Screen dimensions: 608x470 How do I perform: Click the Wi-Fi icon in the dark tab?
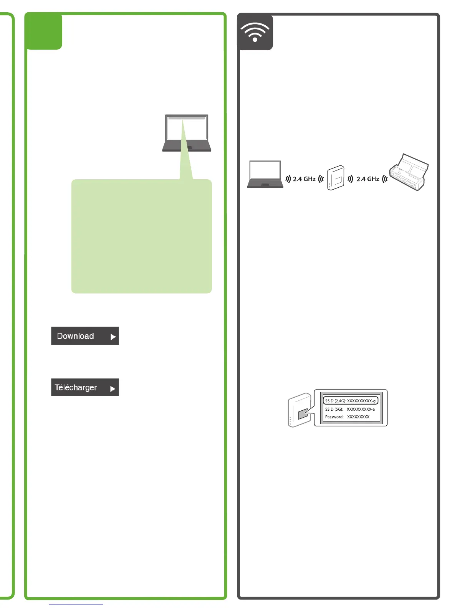pyautogui.click(x=255, y=32)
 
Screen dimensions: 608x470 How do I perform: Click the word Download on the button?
pyautogui.click(x=75, y=336)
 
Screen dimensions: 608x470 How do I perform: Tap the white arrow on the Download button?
pyautogui.click(x=113, y=337)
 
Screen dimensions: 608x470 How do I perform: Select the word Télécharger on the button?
pyautogui.click(x=76, y=387)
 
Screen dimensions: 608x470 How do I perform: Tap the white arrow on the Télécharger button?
pyautogui.click(x=113, y=389)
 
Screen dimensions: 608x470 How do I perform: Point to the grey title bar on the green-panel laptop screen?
pyautogui.click(x=187, y=118)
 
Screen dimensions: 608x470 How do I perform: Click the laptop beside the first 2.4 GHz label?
pyautogui.click(x=265, y=174)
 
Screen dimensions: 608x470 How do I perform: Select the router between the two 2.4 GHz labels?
pyautogui.click(x=336, y=178)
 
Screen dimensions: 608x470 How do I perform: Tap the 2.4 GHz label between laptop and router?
pyautogui.click(x=304, y=179)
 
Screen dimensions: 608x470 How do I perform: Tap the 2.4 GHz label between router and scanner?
pyautogui.click(x=368, y=179)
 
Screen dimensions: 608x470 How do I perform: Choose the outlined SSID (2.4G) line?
pyautogui.click(x=350, y=401)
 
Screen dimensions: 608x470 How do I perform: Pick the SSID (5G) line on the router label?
pyautogui.click(x=350, y=409)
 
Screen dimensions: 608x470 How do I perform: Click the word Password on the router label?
pyautogui.click(x=334, y=417)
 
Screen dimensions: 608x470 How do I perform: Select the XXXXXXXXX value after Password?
pyautogui.click(x=358, y=417)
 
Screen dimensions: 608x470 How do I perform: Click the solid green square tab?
pyautogui.click(x=44, y=31)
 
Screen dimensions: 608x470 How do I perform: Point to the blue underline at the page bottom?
pyautogui.click(x=76, y=605)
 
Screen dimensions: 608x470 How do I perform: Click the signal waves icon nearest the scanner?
pyautogui.click(x=385, y=179)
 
